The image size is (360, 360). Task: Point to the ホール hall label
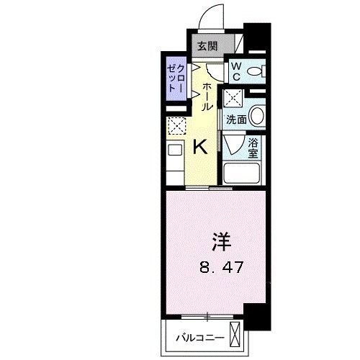click(207, 96)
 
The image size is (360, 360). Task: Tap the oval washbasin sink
click(257, 117)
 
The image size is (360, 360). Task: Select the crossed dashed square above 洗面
click(233, 98)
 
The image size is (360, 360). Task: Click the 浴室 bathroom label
click(253, 148)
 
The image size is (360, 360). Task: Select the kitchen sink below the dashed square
click(176, 153)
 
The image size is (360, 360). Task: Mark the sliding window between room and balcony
click(208, 316)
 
